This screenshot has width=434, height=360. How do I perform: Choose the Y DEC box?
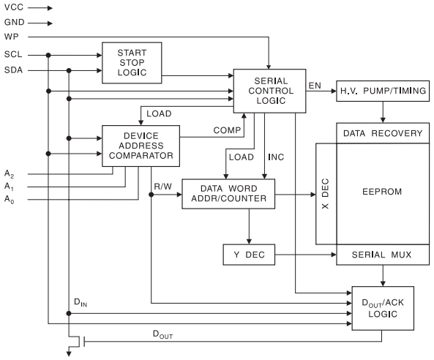(248, 255)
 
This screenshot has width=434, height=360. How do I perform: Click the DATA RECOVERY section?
(381, 133)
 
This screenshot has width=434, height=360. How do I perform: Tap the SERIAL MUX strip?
(381, 255)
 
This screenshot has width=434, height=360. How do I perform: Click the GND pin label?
(14, 23)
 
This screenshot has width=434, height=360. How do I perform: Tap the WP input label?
(11, 36)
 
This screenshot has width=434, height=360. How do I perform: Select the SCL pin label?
(13, 55)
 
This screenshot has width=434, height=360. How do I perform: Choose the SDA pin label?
(13, 70)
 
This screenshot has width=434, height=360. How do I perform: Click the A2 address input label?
(9, 173)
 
